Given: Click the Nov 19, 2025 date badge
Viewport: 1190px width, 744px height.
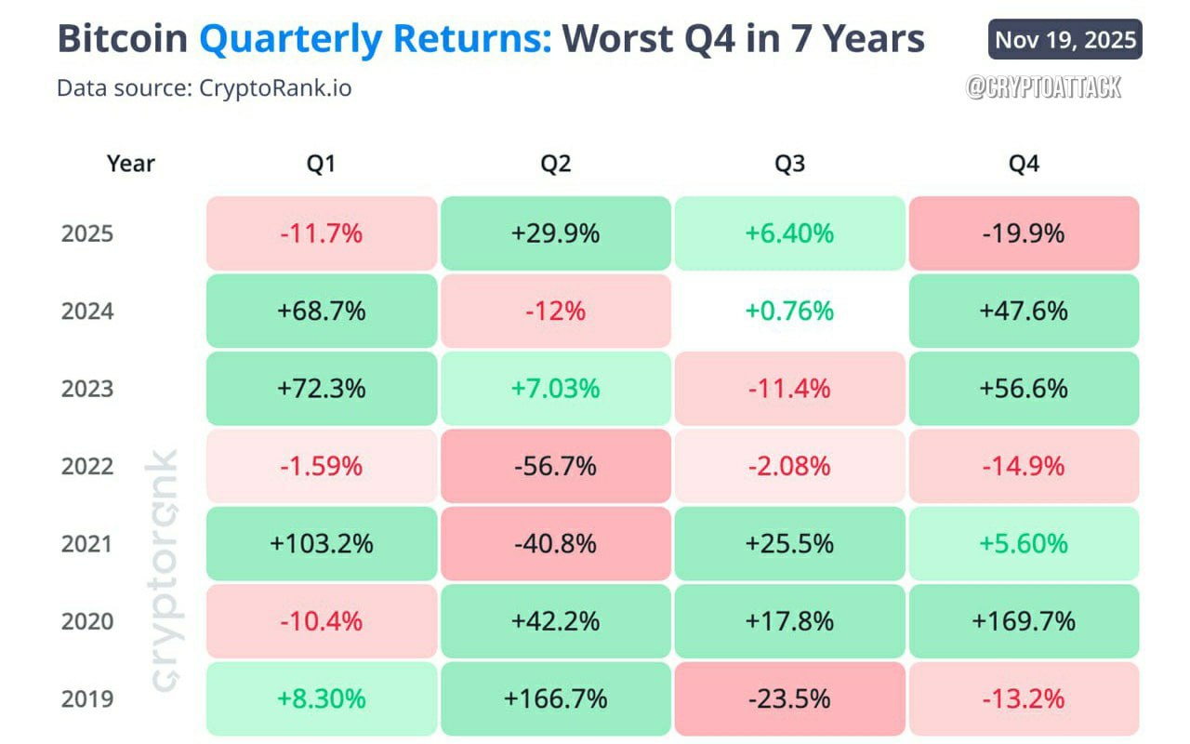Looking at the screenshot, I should (1064, 39).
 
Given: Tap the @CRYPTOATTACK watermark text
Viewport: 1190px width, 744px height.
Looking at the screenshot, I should (1044, 87).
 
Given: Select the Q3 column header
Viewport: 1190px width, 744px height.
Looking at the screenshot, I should (789, 165).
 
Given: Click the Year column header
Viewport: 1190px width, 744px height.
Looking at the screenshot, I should (131, 165).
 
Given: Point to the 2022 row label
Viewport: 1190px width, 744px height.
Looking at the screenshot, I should (87, 466).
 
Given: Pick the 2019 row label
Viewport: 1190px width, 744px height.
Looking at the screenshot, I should (87, 698).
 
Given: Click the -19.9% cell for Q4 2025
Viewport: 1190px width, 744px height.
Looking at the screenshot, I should (1024, 233).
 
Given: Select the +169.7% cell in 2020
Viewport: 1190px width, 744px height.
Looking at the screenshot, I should (1024, 621).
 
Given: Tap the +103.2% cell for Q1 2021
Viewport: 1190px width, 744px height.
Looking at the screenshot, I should (322, 543).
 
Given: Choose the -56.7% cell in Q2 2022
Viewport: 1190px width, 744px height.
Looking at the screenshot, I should (555, 466).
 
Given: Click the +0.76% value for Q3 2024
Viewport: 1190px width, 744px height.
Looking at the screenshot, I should (789, 311).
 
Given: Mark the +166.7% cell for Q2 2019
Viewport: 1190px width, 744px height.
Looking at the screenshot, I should (555, 698).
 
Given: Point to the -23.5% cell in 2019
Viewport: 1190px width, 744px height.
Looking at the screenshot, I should (789, 698).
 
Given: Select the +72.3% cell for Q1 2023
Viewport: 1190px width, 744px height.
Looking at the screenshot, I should (322, 389).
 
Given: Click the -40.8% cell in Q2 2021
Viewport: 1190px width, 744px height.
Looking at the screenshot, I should (555, 543).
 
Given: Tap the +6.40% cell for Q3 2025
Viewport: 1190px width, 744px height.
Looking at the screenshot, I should (789, 233).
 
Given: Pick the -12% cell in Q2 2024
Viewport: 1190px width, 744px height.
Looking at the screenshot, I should (555, 311).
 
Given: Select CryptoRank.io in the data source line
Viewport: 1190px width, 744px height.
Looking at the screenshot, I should (275, 88).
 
